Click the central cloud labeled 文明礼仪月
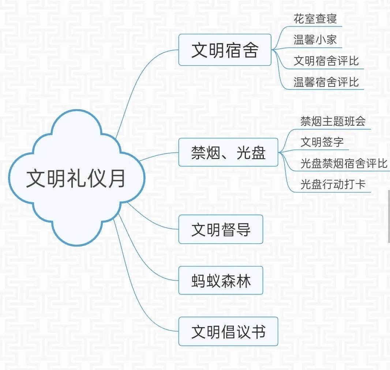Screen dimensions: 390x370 tap(76, 178)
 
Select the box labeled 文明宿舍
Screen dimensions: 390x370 tap(225, 50)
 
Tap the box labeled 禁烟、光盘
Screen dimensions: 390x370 tap(228, 152)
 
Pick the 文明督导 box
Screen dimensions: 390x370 tap(221, 229)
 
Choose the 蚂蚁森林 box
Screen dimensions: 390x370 tap(221, 280)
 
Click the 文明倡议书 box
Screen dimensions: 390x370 tap(228, 332)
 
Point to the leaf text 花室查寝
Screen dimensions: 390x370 tap(315, 19)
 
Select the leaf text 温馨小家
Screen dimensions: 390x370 tap(315, 40)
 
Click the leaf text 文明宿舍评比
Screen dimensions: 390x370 tap(326, 61)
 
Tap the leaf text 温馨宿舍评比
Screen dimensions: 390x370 tap(326, 82)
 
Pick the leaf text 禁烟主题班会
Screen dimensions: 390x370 tap(333, 121)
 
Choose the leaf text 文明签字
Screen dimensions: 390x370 tap(322, 142)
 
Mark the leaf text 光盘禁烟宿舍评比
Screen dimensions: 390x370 tap(344, 163)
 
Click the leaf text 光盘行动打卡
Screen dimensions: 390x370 tap(333, 184)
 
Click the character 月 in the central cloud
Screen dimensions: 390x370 tap(116, 178)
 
